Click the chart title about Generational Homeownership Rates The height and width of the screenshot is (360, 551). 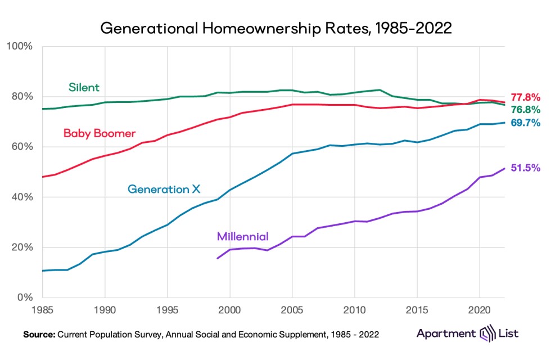coord(275,28)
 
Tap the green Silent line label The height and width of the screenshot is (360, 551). coord(84,87)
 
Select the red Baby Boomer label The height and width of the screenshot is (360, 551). coord(100,133)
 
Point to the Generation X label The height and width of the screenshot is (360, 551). coord(164,189)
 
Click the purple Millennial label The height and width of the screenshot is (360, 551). coord(243,236)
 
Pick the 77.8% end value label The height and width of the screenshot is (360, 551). coord(525,97)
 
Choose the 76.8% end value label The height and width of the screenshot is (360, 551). coord(525,109)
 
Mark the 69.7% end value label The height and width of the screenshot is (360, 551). coord(525,122)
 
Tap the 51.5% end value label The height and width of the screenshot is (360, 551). coord(525,168)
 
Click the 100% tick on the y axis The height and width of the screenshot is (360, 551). coord(21,46)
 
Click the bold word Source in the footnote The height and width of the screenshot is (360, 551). coord(38,335)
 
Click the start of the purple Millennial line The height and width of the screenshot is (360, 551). coord(217,258)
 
